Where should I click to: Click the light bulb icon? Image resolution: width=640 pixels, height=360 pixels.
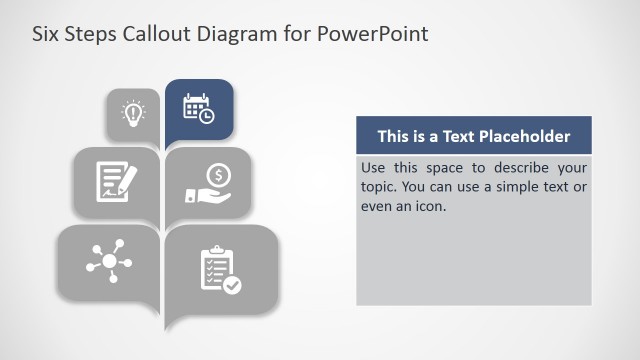coord(132,113)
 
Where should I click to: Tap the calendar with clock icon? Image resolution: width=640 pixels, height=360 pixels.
coord(198,108)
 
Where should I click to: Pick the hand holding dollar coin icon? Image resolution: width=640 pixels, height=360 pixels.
coord(209,184)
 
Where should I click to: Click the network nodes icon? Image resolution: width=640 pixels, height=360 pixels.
coord(109,258)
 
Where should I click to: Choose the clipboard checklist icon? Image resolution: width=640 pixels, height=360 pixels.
coord(219,269)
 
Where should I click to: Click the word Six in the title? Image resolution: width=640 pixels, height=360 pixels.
coord(47,34)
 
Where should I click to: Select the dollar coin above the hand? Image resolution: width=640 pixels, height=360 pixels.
coord(219,175)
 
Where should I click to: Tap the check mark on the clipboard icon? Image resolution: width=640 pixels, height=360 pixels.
coord(232,285)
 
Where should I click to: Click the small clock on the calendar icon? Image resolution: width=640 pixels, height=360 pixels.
coord(206,116)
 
